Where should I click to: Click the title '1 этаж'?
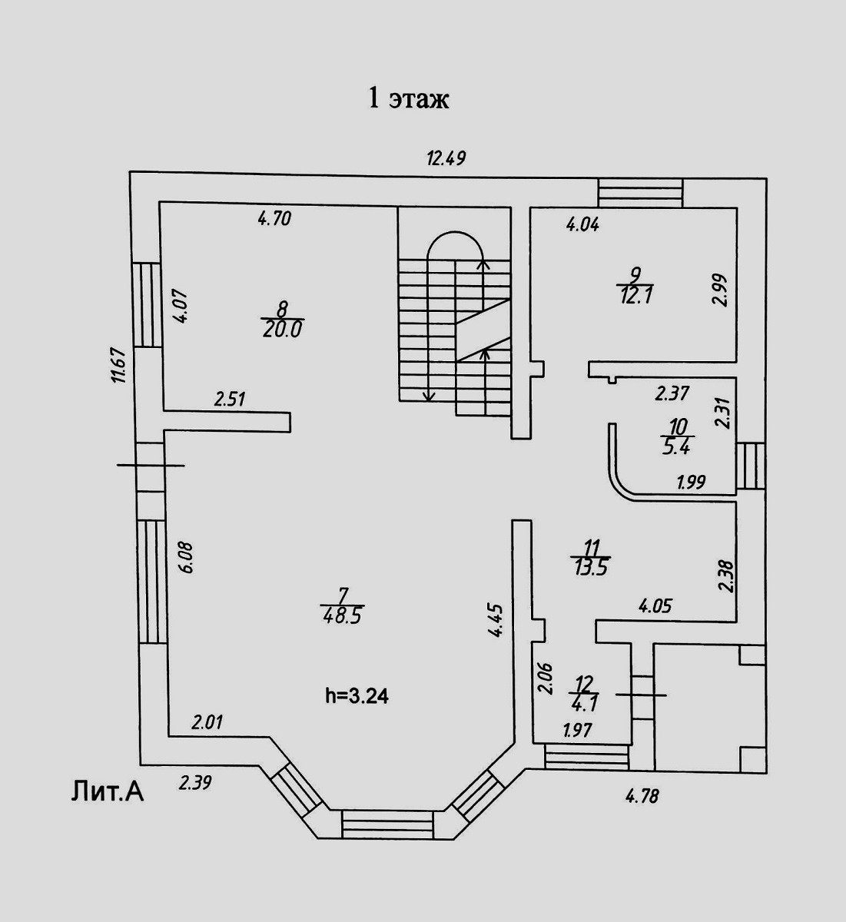(409, 99)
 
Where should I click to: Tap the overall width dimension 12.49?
(447, 159)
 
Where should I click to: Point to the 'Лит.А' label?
(108, 791)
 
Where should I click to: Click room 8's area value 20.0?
(283, 329)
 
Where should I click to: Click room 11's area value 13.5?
(590, 568)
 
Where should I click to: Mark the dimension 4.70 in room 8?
(274, 219)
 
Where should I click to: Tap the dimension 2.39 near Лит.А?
(195, 784)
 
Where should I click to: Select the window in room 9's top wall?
(640, 192)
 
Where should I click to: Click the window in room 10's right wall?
(751, 467)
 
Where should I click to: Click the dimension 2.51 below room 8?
(229, 399)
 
